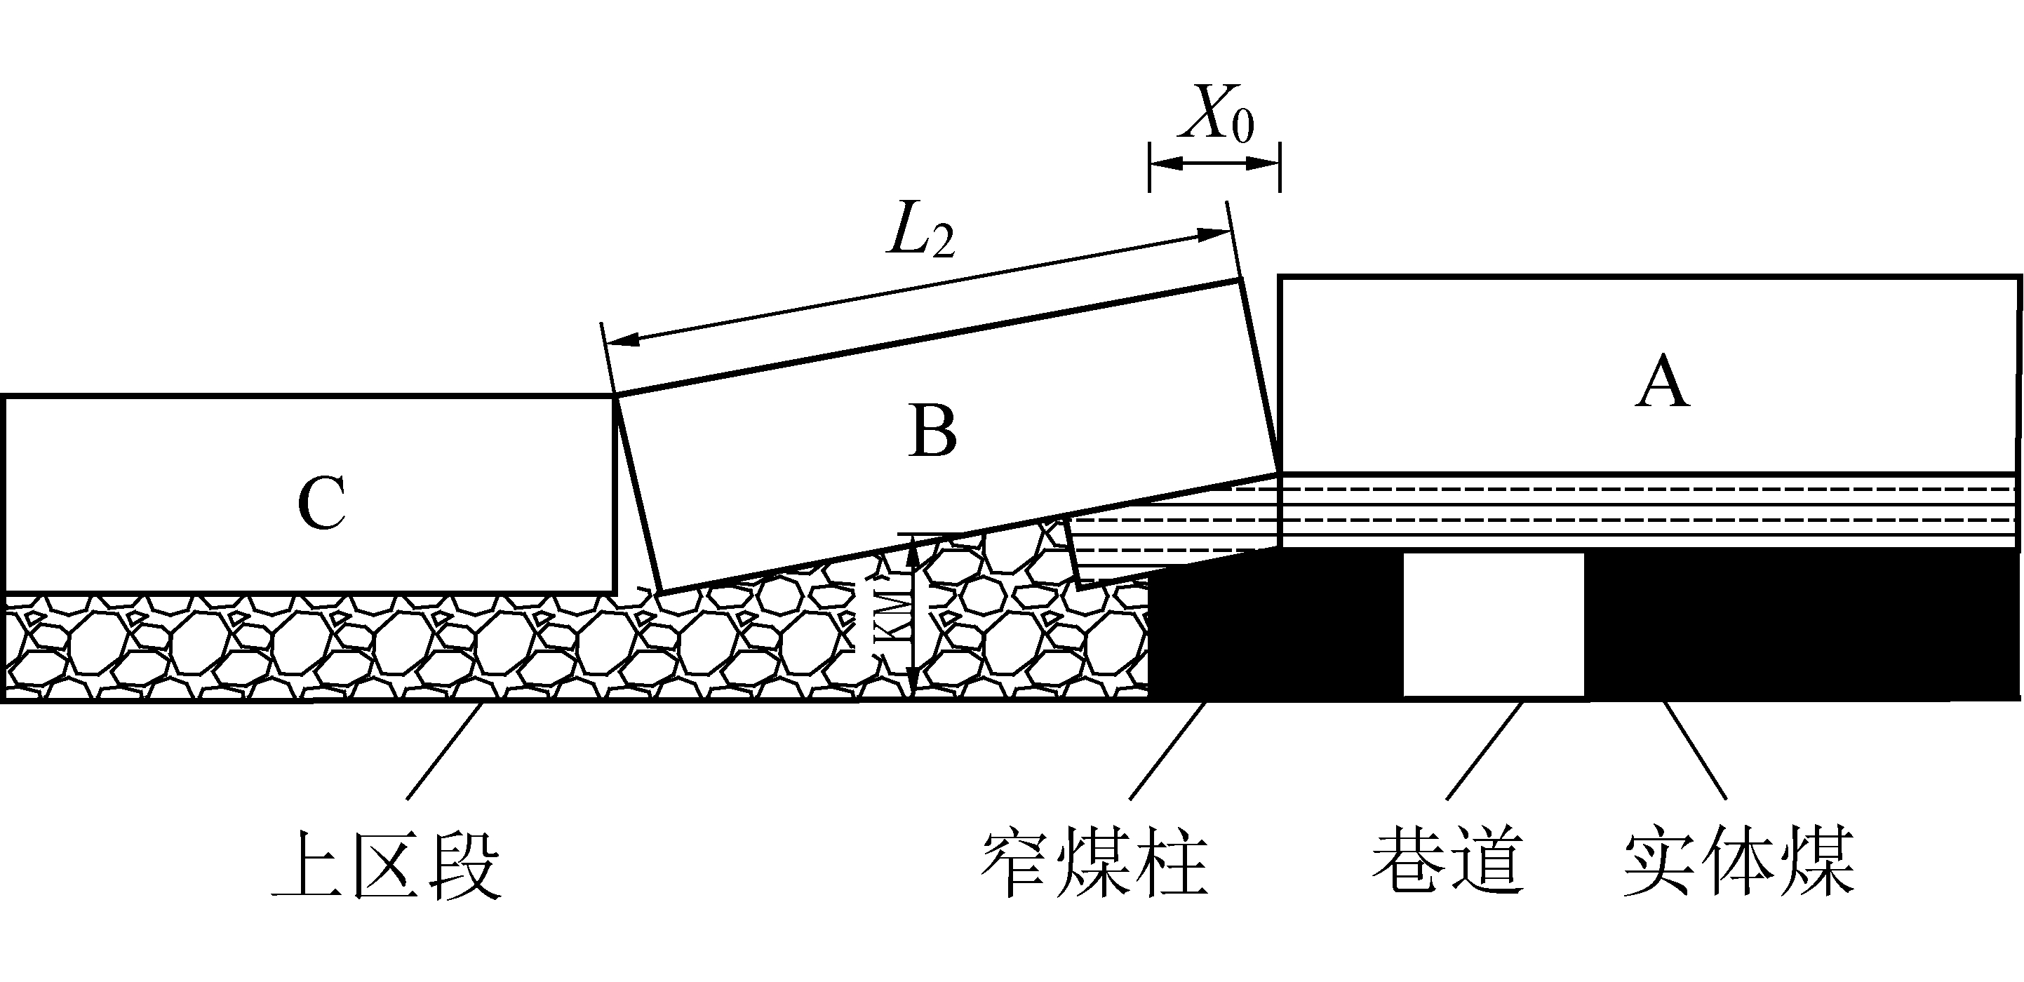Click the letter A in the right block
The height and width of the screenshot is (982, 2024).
1662,382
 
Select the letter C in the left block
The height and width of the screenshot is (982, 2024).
322,502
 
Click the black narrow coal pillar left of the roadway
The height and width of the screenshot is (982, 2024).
1273,628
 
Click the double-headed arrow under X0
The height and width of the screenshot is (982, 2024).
1214,164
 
